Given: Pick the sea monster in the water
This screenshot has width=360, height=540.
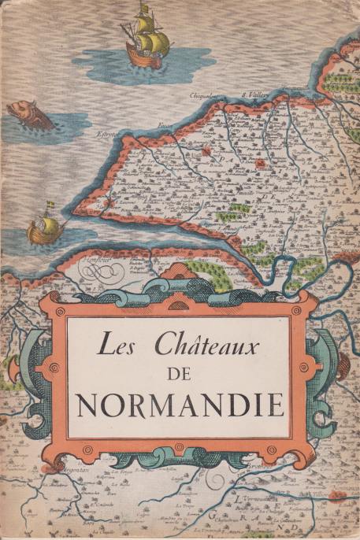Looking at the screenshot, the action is [30, 115].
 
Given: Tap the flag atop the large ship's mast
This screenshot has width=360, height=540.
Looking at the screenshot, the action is [143, 7].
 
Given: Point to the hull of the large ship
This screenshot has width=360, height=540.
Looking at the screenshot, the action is [146, 57].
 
